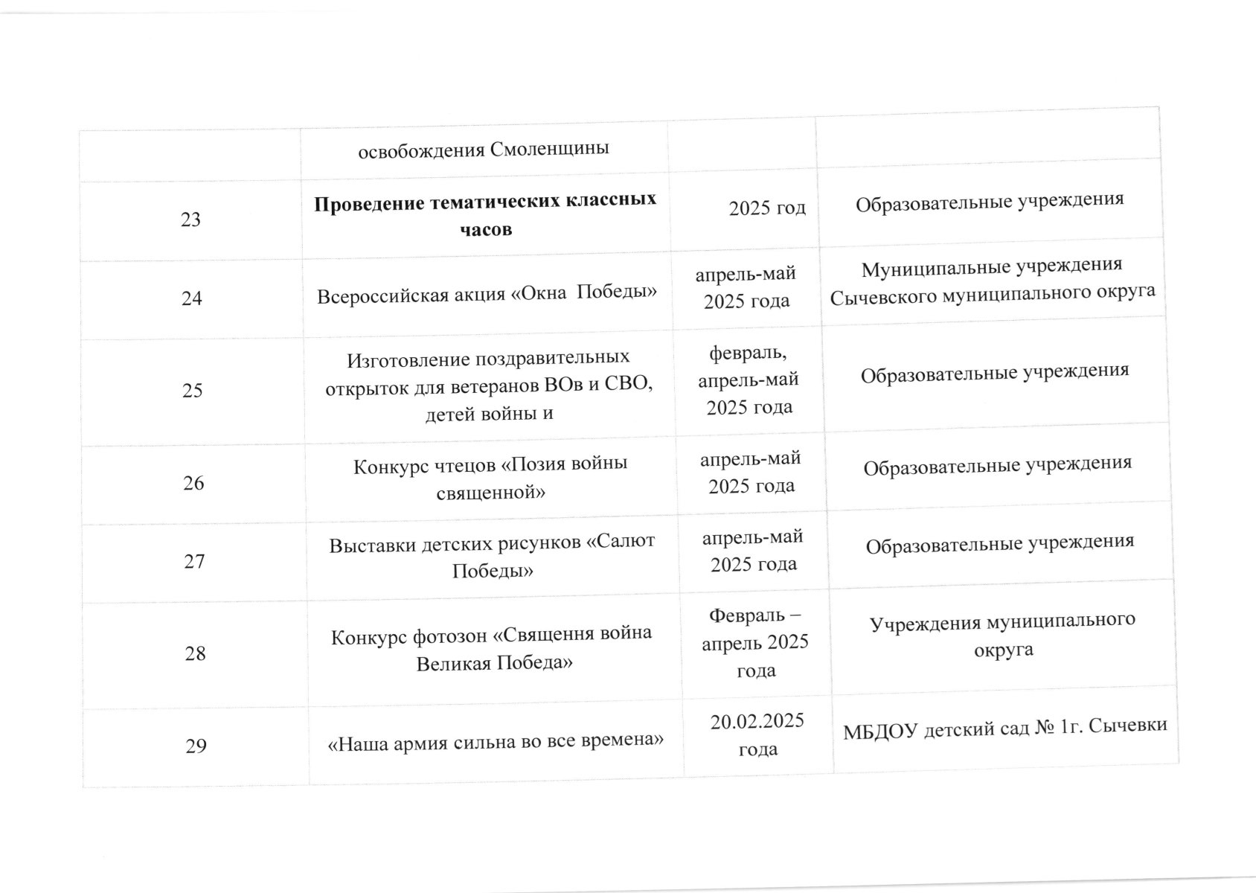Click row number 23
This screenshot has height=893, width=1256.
click(x=191, y=220)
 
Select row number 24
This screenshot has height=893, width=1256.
click(x=192, y=298)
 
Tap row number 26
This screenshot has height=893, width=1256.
click(x=193, y=483)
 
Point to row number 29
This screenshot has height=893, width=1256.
click(x=196, y=746)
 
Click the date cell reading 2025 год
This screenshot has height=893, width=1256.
click(x=767, y=208)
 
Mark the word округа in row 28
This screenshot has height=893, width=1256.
click(x=1004, y=649)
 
